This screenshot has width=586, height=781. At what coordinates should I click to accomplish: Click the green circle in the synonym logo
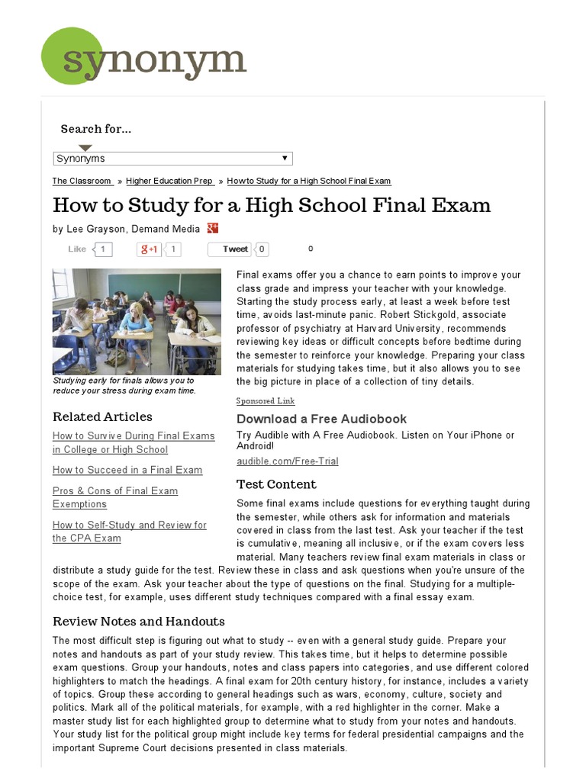point(72,55)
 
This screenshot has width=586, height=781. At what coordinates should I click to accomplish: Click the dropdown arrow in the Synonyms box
point(285,158)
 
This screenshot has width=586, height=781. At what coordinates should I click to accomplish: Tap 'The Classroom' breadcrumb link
point(82,181)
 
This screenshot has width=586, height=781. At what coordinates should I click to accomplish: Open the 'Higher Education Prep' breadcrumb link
point(169,181)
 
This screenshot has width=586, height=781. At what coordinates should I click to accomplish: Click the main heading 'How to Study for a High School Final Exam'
point(272,205)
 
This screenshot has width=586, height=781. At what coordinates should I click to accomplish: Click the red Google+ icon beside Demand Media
point(213,228)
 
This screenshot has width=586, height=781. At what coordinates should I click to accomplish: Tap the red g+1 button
point(148,249)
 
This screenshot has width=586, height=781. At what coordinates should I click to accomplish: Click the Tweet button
point(234,249)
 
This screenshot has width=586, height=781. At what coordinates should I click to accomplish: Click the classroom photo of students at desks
point(137,320)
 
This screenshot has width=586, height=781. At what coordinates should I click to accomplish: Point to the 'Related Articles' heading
point(102,416)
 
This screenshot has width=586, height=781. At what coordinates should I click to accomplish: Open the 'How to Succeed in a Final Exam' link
point(127,470)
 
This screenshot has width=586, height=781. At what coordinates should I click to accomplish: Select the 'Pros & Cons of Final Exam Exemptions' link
point(115,497)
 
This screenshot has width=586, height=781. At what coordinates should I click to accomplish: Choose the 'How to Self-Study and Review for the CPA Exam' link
point(129,532)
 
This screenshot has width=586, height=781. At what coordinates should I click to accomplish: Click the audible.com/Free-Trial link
point(288,461)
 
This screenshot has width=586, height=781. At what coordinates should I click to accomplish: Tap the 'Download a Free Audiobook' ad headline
point(321,419)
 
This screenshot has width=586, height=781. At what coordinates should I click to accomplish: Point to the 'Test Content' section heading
point(276,484)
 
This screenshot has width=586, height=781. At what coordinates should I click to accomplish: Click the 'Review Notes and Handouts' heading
point(139,621)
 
